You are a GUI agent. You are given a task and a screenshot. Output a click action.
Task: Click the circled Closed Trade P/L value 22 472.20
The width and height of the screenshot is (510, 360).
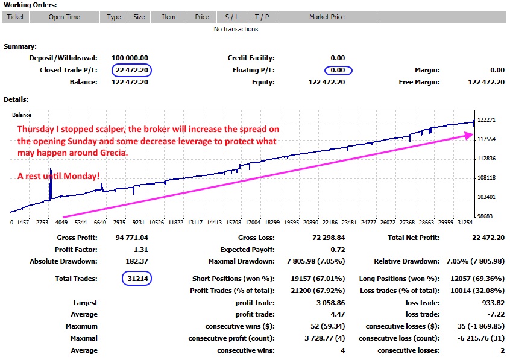point(132,70)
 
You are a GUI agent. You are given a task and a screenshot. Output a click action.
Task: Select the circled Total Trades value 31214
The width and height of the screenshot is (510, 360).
point(136,279)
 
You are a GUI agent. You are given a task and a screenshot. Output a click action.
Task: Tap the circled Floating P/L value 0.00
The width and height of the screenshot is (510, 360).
point(338,70)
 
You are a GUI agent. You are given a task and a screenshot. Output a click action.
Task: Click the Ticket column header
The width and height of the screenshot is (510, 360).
point(16,17)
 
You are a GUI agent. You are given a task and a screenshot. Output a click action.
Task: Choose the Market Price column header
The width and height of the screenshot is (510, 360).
point(327,17)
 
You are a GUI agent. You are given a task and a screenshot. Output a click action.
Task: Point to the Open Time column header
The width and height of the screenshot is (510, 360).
point(65,17)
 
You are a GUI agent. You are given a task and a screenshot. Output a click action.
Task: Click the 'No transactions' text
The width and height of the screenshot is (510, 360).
point(236,29)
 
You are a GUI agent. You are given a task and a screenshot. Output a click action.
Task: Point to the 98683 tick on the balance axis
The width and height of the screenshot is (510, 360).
point(486,216)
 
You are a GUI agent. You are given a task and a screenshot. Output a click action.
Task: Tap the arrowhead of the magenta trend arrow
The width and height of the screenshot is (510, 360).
point(471,136)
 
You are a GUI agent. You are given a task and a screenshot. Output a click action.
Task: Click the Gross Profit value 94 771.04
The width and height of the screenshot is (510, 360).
point(131,238)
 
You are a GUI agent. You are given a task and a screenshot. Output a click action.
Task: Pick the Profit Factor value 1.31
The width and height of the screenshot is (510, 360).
point(140,250)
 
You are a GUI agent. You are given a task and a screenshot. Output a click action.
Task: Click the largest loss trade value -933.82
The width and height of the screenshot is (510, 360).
point(491,303)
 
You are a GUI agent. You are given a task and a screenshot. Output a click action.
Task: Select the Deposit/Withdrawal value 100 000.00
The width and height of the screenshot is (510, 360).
point(130,58)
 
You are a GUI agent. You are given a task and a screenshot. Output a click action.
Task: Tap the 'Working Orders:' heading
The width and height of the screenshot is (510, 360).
point(30,5)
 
